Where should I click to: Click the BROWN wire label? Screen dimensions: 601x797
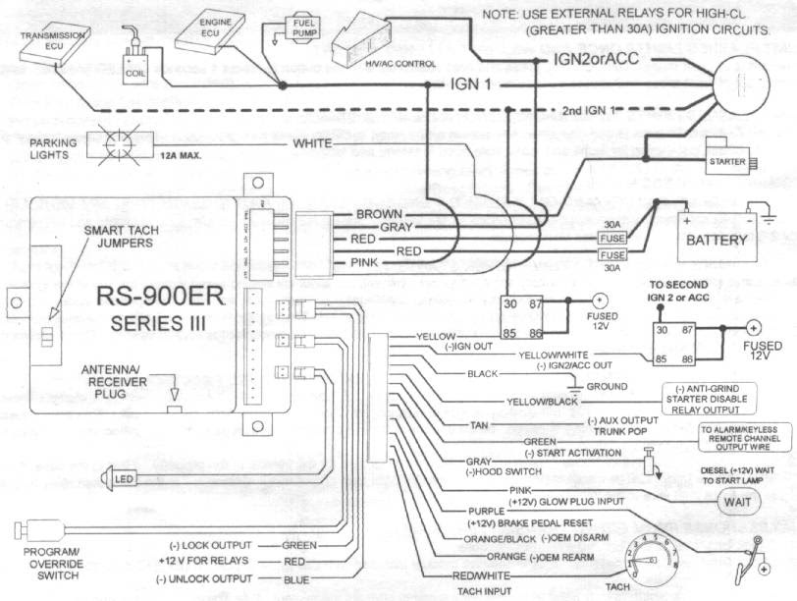(378, 213)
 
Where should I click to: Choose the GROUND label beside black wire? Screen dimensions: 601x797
(607, 386)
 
